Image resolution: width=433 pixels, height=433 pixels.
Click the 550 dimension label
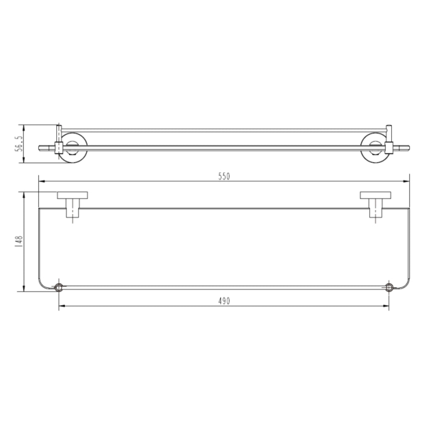[224, 176]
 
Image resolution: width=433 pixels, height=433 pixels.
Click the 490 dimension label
[224, 301]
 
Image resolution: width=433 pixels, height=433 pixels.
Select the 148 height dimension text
[19, 241]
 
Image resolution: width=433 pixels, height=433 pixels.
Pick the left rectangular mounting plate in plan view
[73, 195]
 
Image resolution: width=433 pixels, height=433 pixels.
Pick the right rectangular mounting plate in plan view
[375, 195]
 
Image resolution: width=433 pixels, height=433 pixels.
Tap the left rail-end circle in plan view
[59, 288]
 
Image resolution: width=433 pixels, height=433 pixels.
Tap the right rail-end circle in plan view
[389, 288]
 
